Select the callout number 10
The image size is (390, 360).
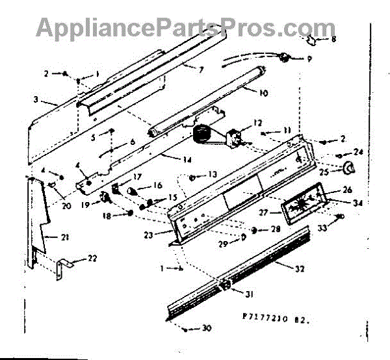coord(264,94)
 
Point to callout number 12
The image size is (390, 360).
coord(257,122)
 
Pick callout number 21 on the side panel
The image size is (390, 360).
coord(65,237)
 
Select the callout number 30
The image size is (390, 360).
coord(206,329)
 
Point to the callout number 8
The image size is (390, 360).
coord(334,39)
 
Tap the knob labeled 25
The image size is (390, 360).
coord(352,169)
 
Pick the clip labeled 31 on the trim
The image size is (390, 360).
coord(225,285)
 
